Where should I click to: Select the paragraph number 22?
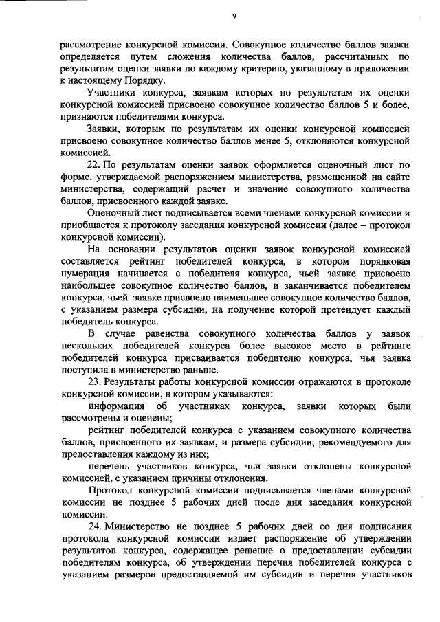coord(96,164)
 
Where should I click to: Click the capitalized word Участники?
coord(113,92)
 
